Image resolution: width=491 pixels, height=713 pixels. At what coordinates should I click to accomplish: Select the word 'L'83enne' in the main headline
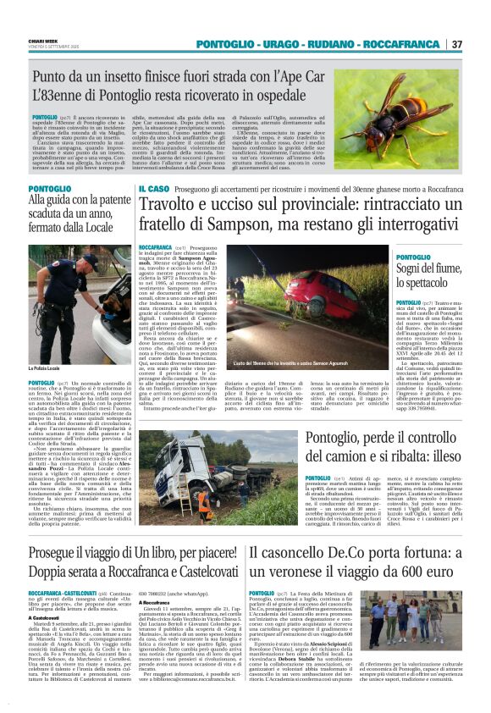(61, 97)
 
